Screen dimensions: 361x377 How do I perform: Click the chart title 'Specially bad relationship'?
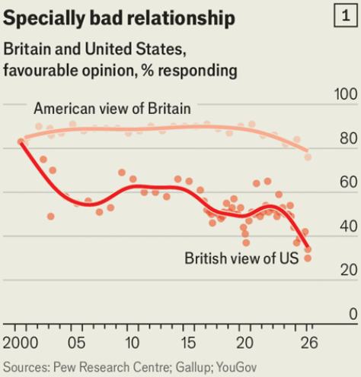coord(119,18)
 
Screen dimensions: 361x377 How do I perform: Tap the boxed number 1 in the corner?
coord(346,16)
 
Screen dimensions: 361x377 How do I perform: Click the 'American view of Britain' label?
coord(112,109)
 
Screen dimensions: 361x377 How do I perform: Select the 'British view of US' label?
coord(241,258)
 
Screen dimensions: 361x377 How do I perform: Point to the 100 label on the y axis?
coord(346,94)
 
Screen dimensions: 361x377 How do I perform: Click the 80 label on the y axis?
coord(349,138)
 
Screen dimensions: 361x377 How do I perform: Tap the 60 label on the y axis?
coord(349,182)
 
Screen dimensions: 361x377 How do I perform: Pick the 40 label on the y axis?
coord(349,227)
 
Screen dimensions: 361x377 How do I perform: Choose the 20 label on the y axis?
coord(349,270)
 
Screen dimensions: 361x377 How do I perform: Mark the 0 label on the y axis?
coord(353,314)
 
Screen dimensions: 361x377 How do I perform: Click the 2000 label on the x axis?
coord(21,343)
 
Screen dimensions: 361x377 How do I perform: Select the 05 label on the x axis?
coord(77,343)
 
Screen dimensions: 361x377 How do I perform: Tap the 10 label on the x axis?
coord(133,343)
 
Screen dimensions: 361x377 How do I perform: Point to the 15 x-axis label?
coord(188,343)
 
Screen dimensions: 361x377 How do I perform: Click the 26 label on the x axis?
coord(309,343)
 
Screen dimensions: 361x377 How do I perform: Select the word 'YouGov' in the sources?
coord(237,368)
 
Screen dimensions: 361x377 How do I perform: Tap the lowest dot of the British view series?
coord(308,258)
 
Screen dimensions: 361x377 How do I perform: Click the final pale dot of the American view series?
coord(308,157)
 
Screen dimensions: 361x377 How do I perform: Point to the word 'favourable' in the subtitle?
coord(40,70)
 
